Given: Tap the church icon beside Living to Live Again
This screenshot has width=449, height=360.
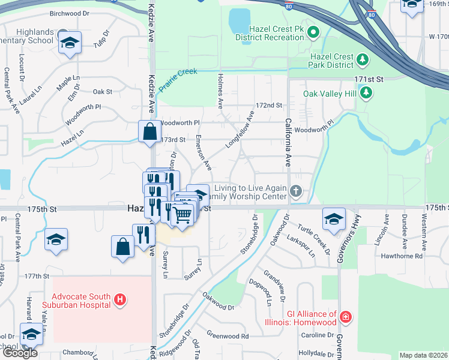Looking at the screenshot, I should (x=295, y=192).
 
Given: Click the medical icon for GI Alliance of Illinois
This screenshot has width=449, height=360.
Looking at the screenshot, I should (x=345, y=317).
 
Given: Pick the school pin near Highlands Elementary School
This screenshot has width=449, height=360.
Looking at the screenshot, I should (x=70, y=43).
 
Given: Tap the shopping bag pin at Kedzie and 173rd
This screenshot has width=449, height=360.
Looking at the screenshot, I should (x=149, y=131).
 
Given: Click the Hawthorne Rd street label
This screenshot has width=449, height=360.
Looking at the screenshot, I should (x=418, y=256).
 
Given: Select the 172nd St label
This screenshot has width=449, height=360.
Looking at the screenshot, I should (x=268, y=105).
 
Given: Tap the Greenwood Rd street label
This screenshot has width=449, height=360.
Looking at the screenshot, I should (x=228, y=336).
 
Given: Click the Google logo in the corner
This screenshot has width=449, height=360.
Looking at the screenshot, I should (x=20, y=353).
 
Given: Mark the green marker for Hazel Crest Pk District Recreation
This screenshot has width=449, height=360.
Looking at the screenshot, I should (x=312, y=31).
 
